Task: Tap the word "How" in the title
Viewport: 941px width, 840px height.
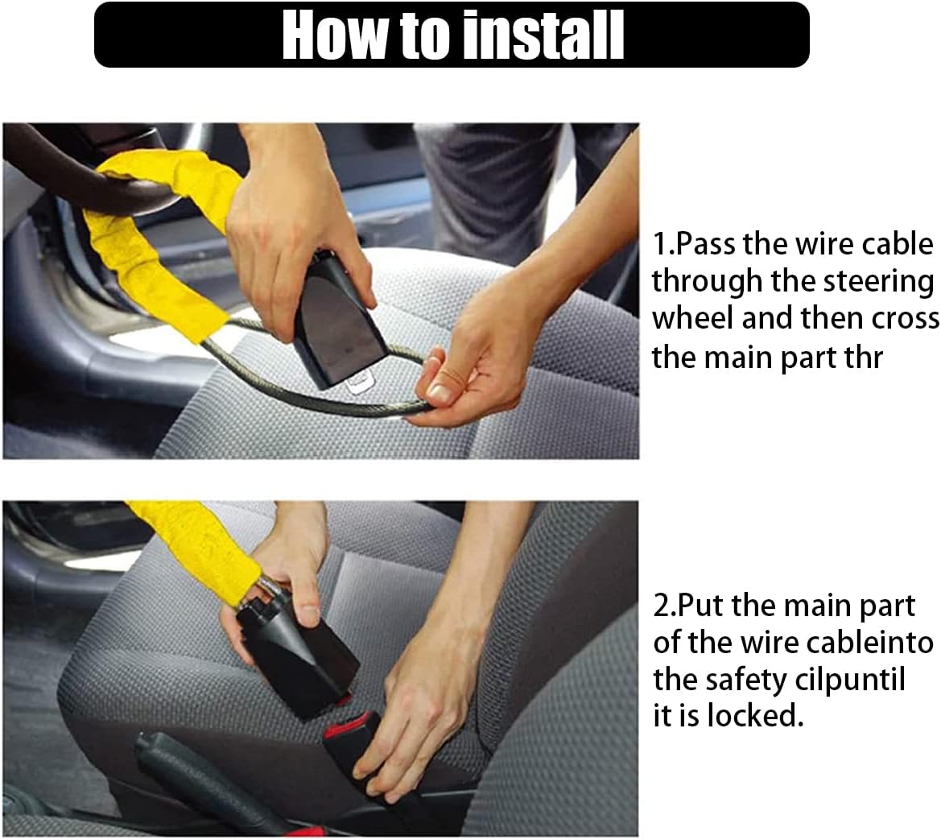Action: [335, 35]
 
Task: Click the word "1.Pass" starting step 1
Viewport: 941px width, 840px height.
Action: [694, 244]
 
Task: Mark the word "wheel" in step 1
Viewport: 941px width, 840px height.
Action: [692, 318]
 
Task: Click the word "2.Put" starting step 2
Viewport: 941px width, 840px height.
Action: [689, 606]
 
